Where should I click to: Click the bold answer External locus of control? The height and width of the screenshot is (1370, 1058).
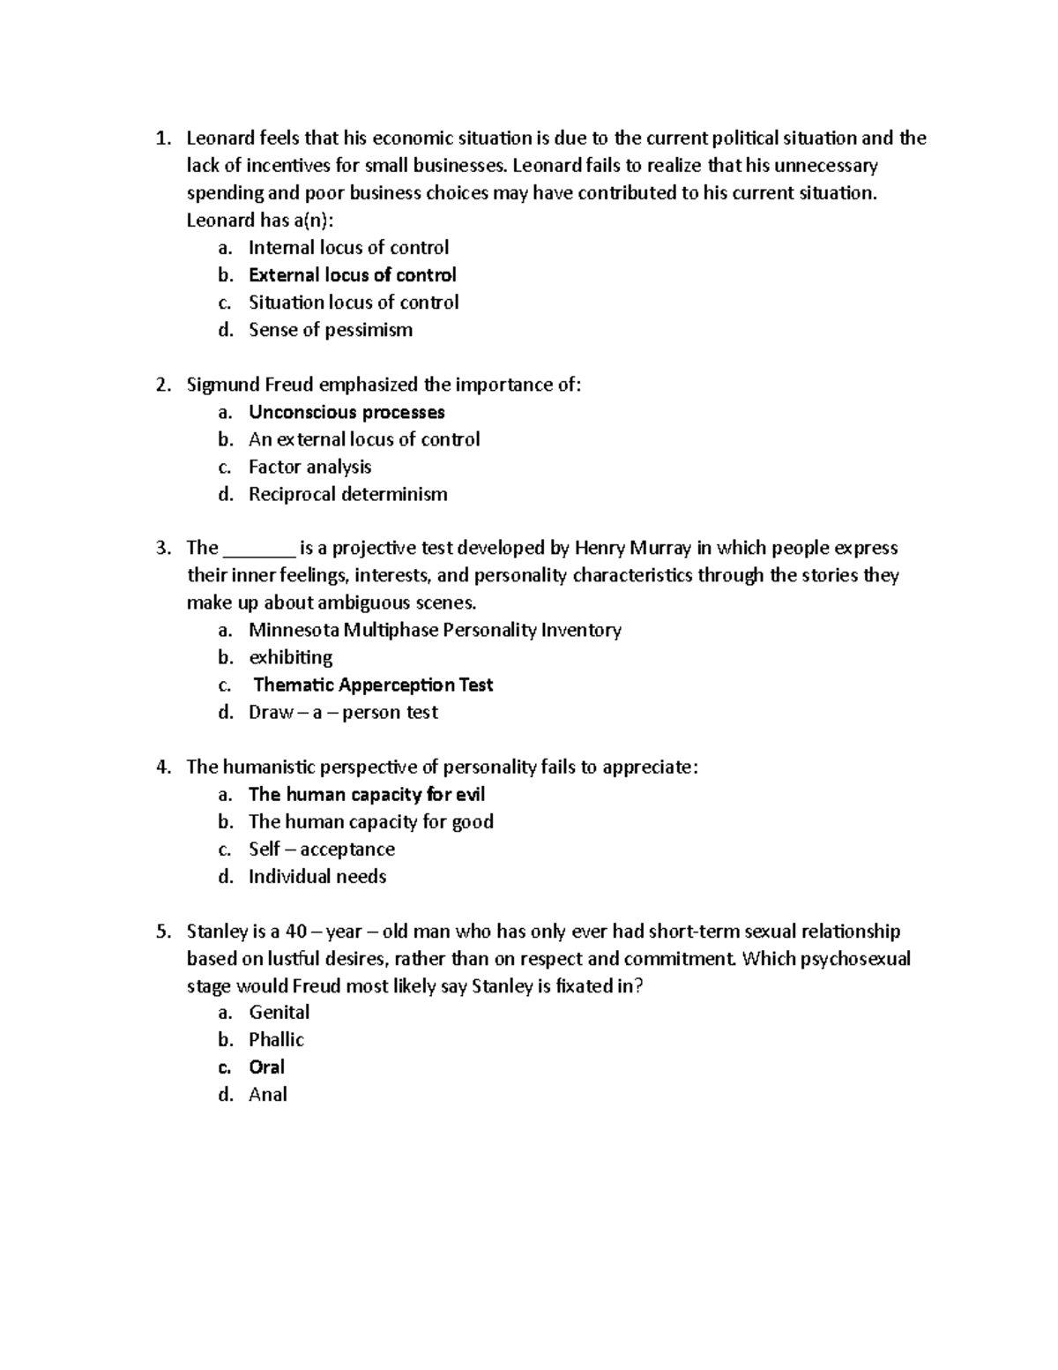(352, 275)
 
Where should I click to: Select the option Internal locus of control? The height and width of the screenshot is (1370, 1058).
(348, 248)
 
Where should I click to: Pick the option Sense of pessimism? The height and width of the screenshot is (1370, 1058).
(330, 330)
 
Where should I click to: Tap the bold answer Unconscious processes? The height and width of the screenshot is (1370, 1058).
(346, 412)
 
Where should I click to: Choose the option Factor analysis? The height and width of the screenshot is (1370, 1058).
(309, 467)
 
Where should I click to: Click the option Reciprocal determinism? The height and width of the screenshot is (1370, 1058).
(347, 494)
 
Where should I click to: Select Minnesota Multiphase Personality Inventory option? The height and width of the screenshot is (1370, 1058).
(435, 630)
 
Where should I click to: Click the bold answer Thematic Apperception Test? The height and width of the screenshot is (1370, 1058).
(373, 685)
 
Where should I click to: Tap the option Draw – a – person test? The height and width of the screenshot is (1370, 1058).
(343, 712)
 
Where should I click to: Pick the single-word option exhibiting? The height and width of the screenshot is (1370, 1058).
(290, 657)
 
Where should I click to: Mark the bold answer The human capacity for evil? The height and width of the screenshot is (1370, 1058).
(366, 794)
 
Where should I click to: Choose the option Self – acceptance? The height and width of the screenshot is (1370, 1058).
(321, 849)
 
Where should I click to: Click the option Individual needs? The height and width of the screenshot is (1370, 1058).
(317, 876)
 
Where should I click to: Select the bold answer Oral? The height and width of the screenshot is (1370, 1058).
(266, 1067)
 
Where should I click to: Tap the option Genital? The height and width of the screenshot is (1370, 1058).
(279, 1012)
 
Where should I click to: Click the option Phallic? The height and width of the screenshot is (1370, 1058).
(276, 1039)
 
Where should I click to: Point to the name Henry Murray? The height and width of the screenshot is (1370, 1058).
(632, 548)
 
